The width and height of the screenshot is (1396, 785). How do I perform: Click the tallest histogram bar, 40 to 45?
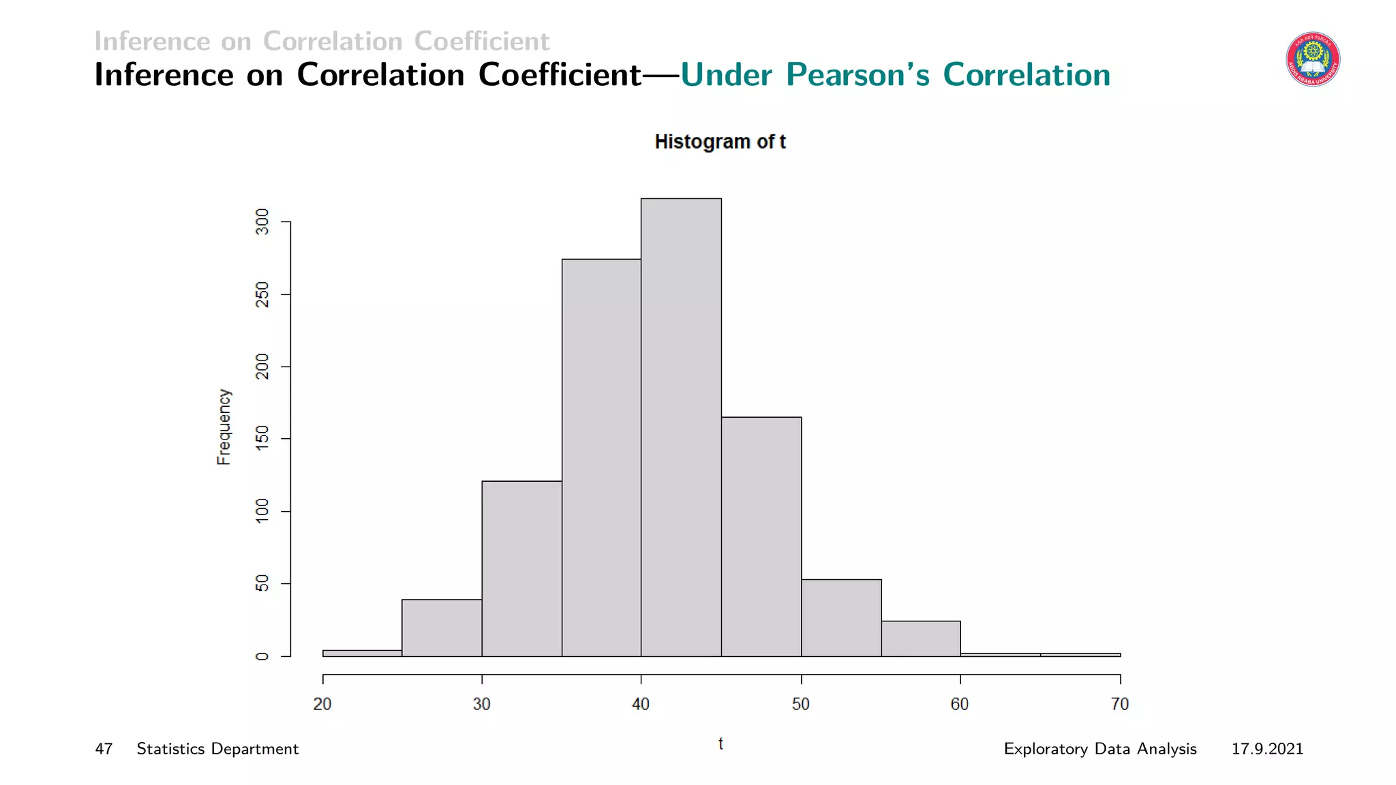681,428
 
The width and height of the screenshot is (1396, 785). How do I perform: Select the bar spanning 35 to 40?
601,458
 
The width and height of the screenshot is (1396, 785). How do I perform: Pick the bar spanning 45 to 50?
761,537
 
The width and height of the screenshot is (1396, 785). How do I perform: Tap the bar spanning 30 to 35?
521,569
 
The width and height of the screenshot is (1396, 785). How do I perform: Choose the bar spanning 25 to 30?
442,628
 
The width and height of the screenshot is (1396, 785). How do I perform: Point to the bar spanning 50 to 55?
841,618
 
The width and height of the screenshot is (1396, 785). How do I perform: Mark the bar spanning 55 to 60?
921,638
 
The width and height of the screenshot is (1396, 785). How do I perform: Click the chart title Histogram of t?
720,142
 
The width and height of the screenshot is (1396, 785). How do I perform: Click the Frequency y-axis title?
224,427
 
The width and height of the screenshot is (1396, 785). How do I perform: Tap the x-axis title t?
720,743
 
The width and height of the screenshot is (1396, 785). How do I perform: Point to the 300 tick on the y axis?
262,222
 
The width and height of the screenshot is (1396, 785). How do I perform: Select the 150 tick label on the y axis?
262,439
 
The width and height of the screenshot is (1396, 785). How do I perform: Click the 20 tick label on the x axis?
322,704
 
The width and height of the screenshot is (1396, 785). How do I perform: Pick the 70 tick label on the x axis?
1120,704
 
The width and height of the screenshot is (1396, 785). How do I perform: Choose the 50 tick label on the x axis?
801,704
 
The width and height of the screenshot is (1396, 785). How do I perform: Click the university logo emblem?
1313,59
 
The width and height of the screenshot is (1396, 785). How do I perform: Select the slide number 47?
104,749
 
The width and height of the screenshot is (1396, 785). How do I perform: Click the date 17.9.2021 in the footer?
1267,749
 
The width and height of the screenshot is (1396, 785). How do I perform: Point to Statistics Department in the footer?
217,749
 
